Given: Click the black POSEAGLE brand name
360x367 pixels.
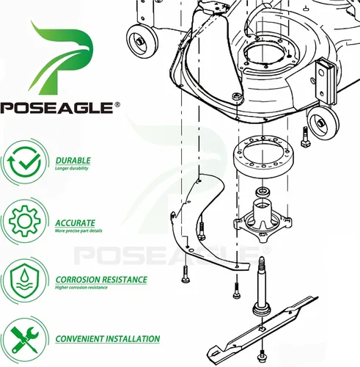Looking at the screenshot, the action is point(56,108).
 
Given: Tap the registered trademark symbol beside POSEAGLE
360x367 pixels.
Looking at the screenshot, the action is point(117,105).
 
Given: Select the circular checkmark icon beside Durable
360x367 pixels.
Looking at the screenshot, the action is point(24,162).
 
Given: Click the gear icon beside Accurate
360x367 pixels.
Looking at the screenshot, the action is point(25,221).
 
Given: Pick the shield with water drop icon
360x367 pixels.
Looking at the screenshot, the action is point(24,280).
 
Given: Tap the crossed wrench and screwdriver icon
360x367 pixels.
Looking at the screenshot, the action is point(24,340).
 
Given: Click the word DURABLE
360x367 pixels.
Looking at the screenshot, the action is point(73,161).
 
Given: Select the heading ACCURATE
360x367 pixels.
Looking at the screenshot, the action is point(75,223).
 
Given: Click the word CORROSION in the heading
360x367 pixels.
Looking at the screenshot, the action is point(77,280).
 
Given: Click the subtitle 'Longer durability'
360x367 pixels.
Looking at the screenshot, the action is point(72,168).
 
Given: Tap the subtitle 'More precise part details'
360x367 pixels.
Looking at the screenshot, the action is point(78,230).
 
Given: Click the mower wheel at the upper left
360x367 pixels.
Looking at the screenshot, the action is point(142,41).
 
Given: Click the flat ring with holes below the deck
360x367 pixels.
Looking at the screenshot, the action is point(263,156).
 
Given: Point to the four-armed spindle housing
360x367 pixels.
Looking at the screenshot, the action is point(262,220).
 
